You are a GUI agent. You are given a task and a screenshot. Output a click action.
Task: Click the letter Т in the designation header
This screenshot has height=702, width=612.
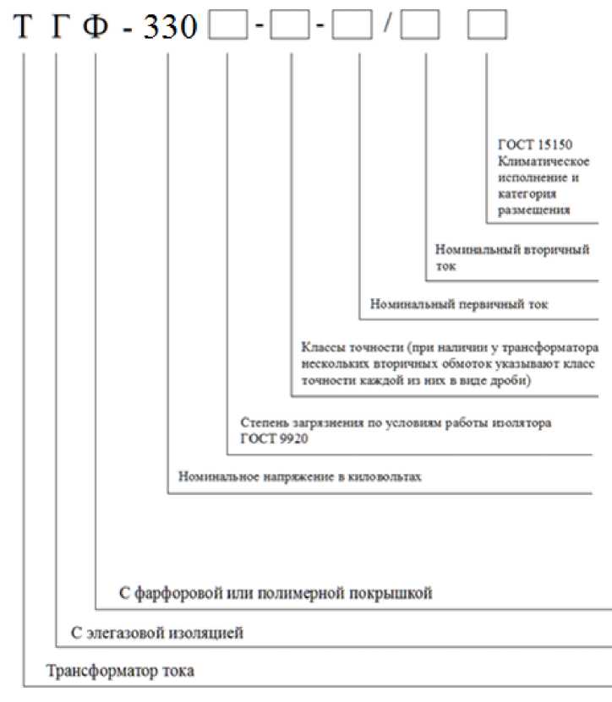pos(25,28)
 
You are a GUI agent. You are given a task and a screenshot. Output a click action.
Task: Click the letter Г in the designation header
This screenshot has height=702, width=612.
pos(57,28)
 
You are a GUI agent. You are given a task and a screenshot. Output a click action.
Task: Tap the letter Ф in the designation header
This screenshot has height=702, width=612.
pos(96,28)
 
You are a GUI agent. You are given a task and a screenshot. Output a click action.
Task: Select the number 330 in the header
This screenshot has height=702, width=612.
pos(170,29)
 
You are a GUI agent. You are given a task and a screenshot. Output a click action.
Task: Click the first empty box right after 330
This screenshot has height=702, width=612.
pos(227,28)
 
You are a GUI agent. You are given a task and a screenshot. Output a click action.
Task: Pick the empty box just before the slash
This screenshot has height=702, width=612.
pos(352,28)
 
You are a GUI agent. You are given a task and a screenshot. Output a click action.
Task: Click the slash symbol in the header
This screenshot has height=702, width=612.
pos(386,28)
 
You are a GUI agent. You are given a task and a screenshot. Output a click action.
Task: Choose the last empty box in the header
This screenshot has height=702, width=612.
pos(487,28)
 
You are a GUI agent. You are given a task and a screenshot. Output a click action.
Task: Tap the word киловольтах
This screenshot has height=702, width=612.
pos(388,476)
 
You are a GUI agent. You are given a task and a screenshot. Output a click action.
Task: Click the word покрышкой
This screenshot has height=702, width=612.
pos(394,593)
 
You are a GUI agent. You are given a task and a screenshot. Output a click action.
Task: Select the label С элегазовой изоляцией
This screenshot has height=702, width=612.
pos(157,632)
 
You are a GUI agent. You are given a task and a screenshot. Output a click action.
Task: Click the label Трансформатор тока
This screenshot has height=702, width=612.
pos(120,672)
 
